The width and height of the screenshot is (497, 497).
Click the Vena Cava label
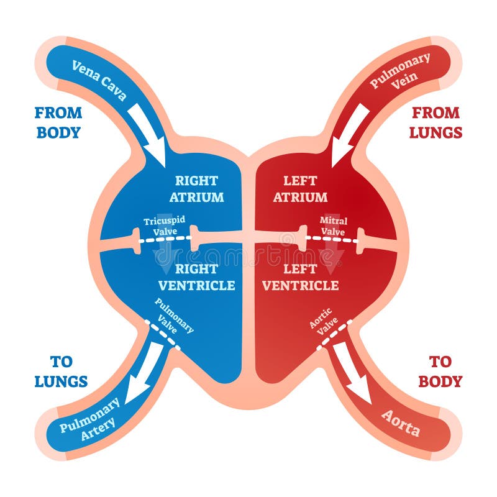(99, 80)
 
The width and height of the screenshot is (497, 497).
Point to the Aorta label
(401, 423)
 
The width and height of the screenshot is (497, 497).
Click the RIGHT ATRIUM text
(196, 189)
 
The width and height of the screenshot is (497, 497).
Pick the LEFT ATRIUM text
(300, 189)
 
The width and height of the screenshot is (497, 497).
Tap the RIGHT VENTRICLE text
(196, 277)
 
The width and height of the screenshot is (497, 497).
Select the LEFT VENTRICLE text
(300, 277)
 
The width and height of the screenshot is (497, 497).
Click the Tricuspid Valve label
(165, 226)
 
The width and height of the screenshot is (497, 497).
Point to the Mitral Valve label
(333, 226)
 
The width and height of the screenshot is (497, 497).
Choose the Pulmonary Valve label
(173, 316)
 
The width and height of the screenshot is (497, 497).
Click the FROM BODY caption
(58, 122)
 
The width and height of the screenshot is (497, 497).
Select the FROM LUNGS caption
(436, 122)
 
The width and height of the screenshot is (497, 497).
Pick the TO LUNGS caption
(61, 372)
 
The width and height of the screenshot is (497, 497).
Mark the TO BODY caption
(440, 372)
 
